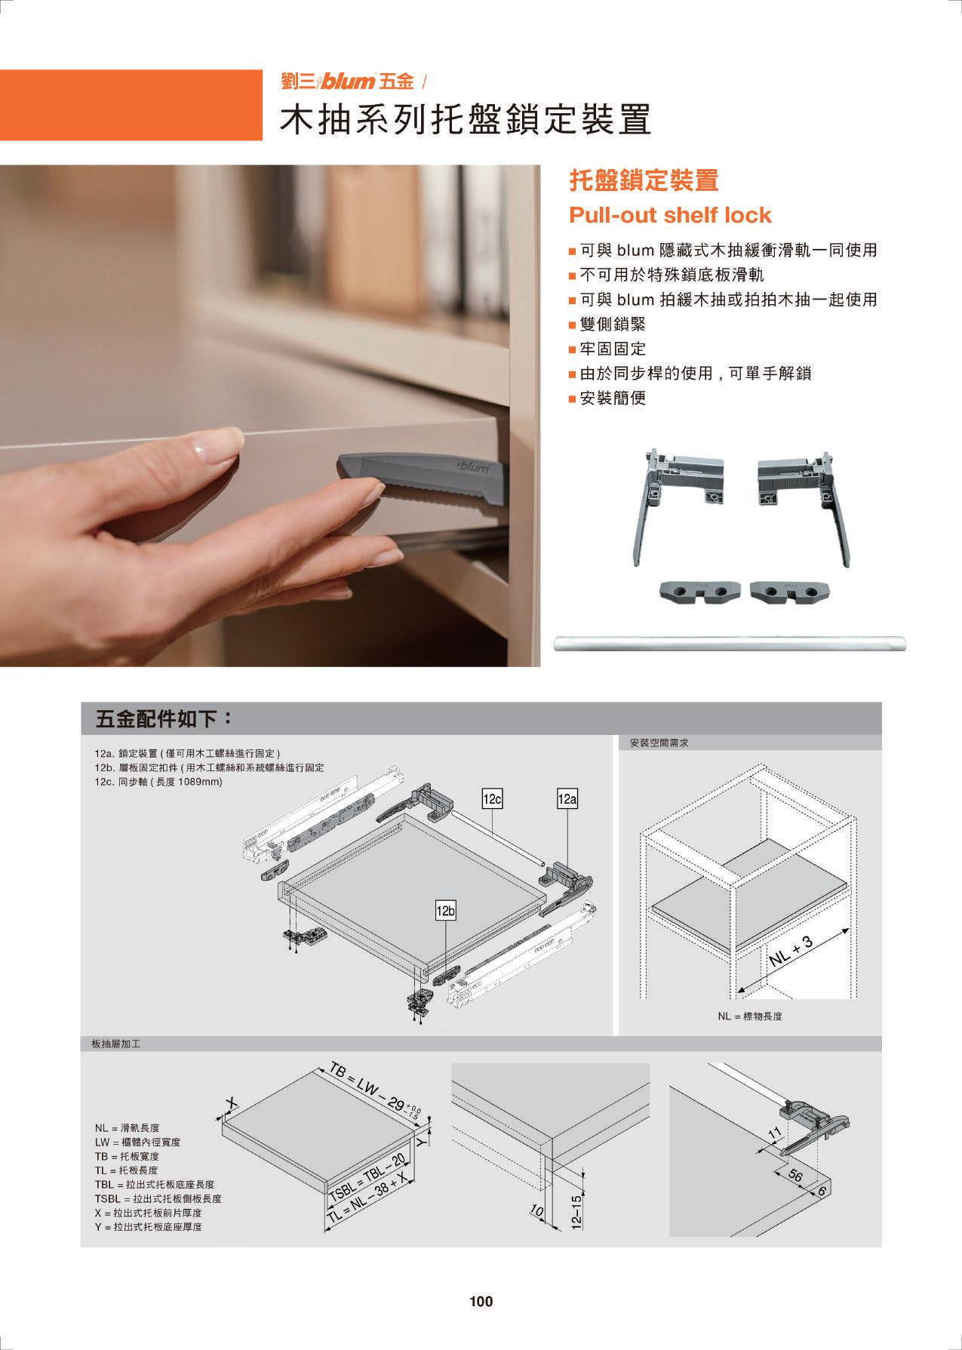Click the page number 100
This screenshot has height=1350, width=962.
point(481,1301)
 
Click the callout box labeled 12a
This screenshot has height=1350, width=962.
point(567,799)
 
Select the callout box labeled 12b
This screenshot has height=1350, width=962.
point(446,912)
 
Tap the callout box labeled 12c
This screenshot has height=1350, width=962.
point(492,799)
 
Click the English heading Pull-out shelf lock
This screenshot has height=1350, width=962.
point(670,215)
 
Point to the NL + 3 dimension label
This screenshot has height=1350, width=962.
point(792,950)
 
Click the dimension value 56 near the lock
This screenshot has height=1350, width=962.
point(794,1176)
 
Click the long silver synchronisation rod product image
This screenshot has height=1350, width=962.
point(730,644)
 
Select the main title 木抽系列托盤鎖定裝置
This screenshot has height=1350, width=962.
point(466,119)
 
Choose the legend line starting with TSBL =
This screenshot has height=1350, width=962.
point(158,1198)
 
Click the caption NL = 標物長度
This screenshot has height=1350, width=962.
point(750,1016)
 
